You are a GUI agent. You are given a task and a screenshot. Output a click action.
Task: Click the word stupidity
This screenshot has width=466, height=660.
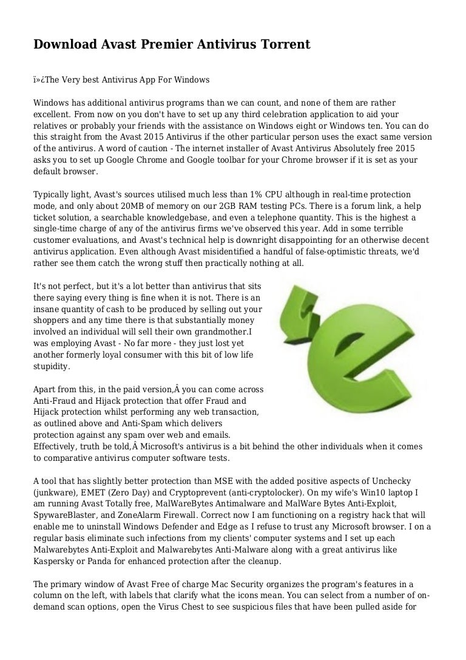[52, 366]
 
